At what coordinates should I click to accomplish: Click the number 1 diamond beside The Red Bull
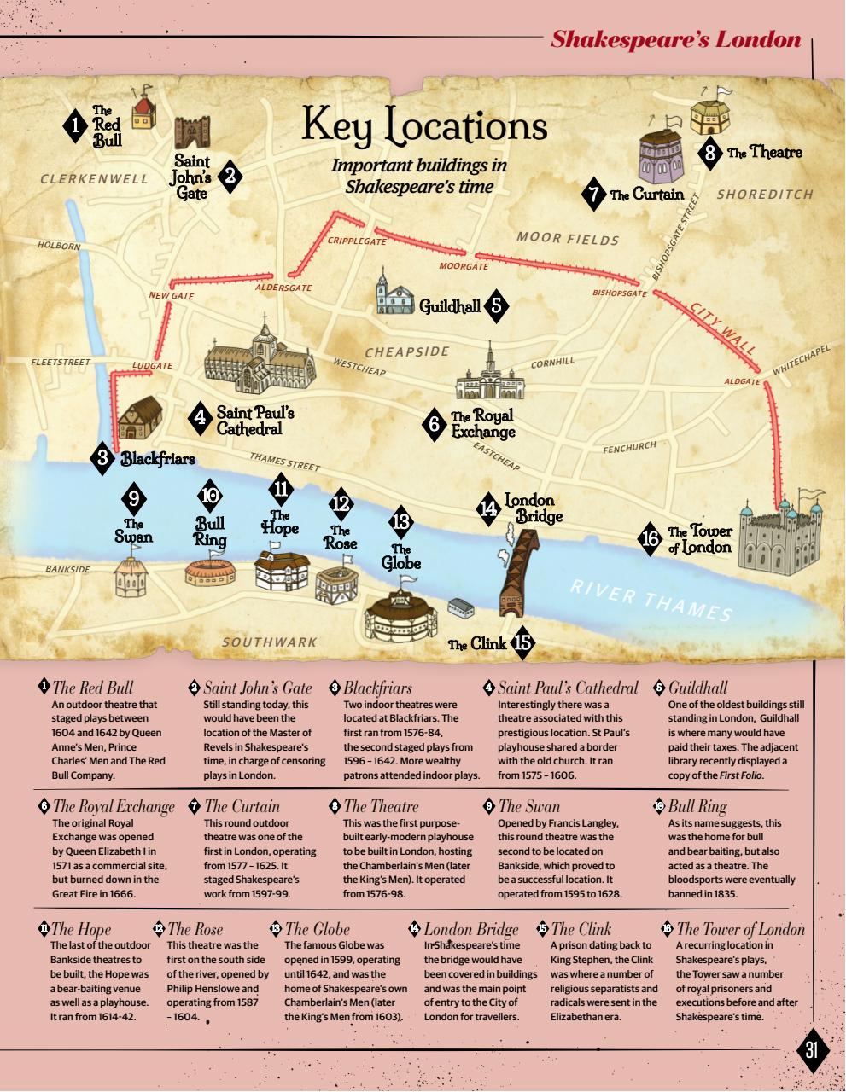click(x=76, y=126)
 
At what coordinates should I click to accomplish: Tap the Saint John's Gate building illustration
click(x=191, y=132)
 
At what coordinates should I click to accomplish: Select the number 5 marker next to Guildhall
click(x=496, y=306)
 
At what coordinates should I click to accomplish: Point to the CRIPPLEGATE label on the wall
click(x=357, y=241)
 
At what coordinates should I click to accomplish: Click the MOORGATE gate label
click(x=464, y=267)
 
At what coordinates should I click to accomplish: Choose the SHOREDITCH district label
click(x=765, y=195)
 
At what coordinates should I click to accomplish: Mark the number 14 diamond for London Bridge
click(x=488, y=508)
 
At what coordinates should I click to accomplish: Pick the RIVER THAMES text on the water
click(x=651, y=601)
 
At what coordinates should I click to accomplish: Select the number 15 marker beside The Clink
click(x=522, y=643)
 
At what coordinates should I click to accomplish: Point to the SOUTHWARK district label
click(x=269, y=642)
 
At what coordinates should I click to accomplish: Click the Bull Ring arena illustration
click(x=210, y=569)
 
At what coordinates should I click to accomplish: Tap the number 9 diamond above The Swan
click(x=133, y=498)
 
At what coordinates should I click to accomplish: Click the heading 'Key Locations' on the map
click(x=424, y=126)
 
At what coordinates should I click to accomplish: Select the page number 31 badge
click(x=810, y=1050)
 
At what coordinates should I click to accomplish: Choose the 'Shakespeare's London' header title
click(x=675, y=39)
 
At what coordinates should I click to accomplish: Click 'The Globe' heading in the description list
click(x=317, y=929)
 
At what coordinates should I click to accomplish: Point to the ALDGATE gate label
click(x=741, y=381)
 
